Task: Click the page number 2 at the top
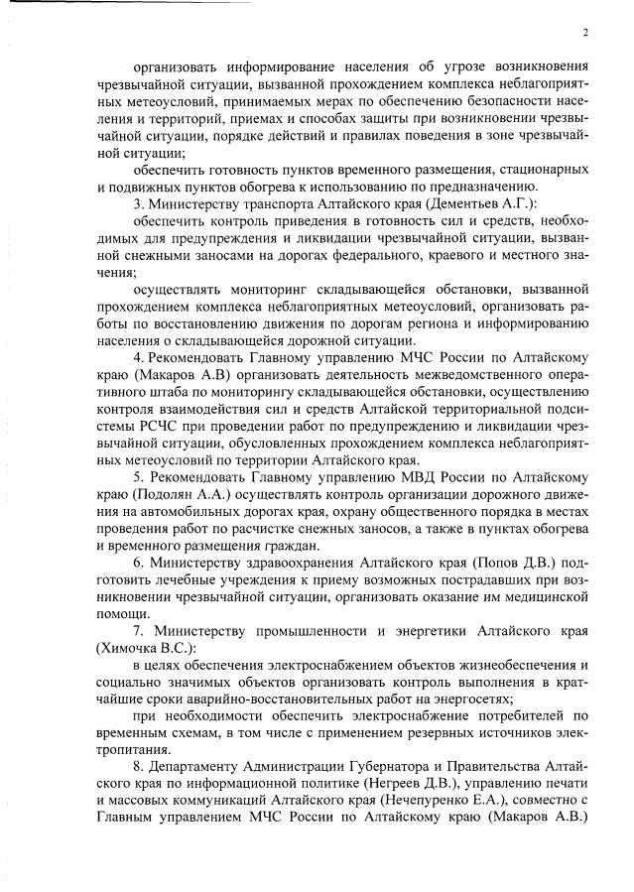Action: (x=585, y=32)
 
